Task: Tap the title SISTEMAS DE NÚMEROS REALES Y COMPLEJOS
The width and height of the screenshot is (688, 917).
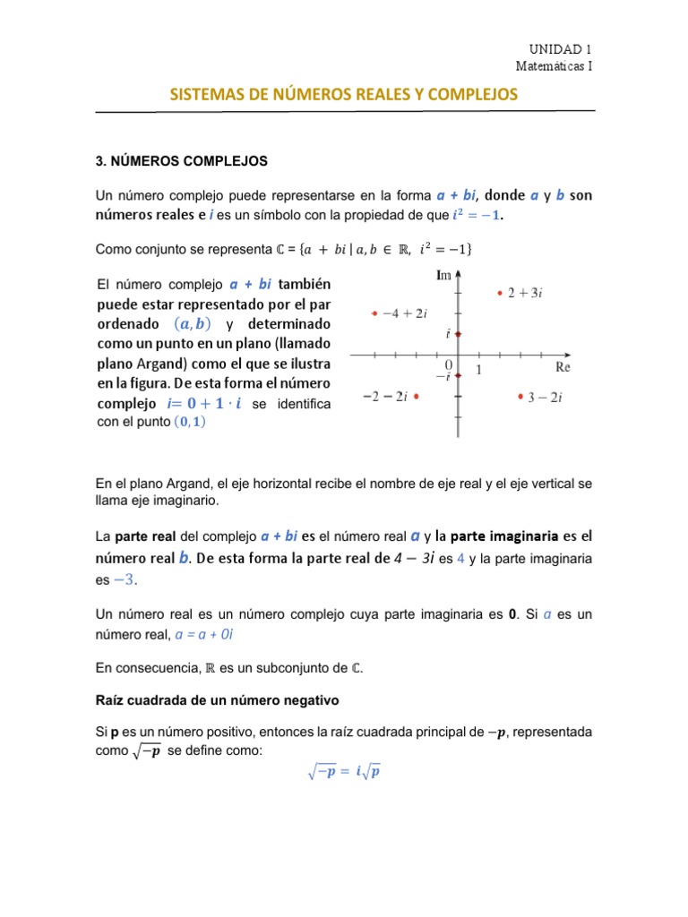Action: point(344,93)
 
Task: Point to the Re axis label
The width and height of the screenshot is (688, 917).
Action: point(563,367)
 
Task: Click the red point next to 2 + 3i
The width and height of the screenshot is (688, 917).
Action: point(500,292)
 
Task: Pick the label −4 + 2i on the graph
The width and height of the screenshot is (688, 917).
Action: point(406,313)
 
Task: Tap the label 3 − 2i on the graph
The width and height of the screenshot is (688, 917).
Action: point(545,399)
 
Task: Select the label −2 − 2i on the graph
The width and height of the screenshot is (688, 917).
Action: point(385,397)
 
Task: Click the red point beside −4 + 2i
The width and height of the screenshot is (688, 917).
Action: point(374,313)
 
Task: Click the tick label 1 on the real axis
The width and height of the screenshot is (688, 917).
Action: point(478,369)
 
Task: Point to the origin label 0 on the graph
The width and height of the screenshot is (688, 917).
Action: point(448,365)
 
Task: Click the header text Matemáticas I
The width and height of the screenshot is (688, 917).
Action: point(554,65)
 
